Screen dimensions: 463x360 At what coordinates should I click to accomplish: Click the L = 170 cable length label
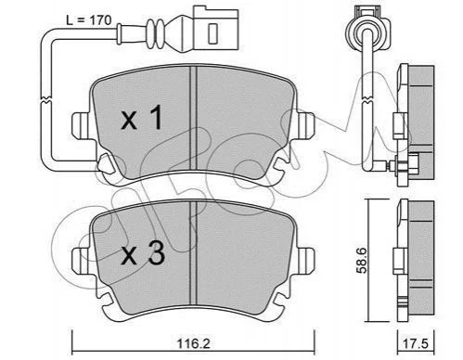[88, 20]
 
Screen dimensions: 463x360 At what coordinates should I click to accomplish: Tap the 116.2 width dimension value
[193, 343]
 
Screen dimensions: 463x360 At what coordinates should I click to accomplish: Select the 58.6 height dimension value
[362, 260]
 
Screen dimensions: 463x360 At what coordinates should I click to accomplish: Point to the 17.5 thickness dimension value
[416, 344]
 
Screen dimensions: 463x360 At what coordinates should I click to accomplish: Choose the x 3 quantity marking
[143, 253]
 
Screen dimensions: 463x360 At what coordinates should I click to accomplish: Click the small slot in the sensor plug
[213, 33]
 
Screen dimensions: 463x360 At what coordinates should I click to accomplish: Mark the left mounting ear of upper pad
[82, 125]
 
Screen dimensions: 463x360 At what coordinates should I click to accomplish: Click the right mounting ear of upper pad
[305, 125]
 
